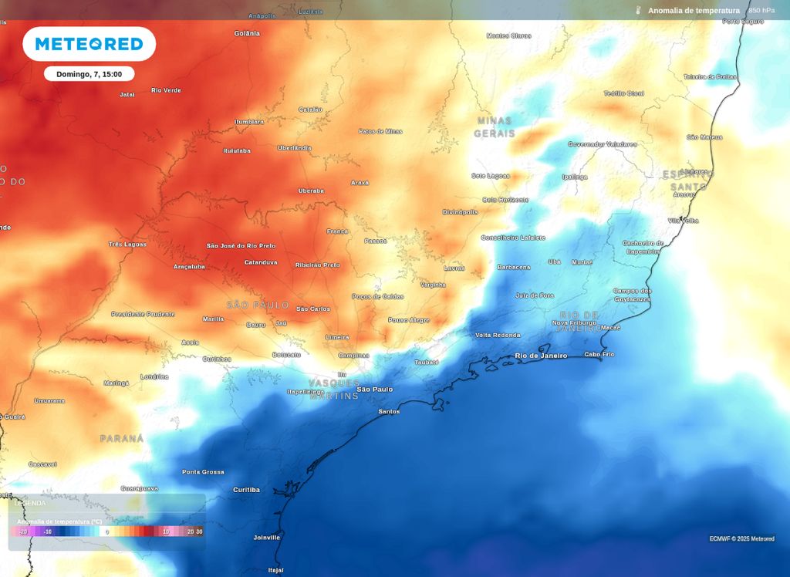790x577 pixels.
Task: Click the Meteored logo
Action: pos(89,44)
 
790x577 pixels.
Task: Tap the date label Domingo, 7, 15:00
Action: pos(89,74)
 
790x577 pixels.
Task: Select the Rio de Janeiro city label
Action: pos(541,356)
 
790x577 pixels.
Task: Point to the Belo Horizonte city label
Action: pos(505,199)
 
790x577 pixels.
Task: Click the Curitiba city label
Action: pos(246,490)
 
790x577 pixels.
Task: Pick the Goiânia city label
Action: pos(248,34)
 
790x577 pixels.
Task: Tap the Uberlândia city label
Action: pos(295,148)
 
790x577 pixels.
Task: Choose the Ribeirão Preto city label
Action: pos(317,265)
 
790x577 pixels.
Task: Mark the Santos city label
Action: pos(389,411)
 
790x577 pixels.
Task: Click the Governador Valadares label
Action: pos(603,144)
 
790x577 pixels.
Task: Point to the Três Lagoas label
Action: pos(127,244)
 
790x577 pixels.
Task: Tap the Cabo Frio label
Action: pos(599,354)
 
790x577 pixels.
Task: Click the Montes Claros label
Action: pos(509,35)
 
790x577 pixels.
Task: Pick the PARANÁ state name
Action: pos(122,438)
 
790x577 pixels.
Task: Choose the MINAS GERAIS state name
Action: pos(495,127)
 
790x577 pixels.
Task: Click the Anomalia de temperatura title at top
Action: pos(694,11)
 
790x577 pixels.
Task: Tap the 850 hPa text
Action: pos(761,11)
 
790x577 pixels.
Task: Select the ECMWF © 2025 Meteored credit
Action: pos(741,538)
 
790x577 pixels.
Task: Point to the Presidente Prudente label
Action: pos(143,314)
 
